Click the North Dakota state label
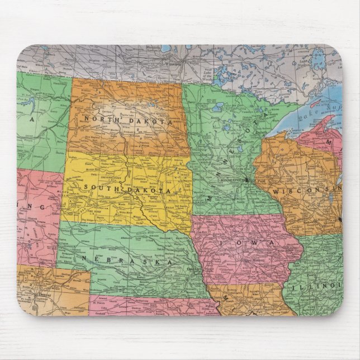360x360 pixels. pyautogui.click(x=127, y=121)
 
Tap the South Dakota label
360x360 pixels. pyautogui.click(x=127, y=188)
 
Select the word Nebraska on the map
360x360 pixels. pyautogui.click(x=127, y=260)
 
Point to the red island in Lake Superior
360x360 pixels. pyautogui.click(x=316, y=103)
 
